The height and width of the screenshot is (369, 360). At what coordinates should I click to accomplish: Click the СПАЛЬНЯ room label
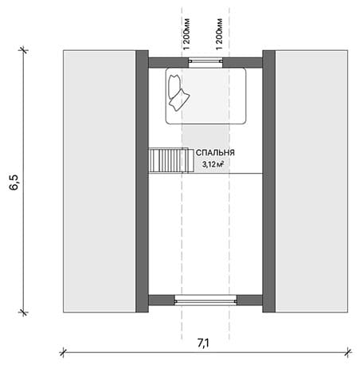click(x=215, y=153)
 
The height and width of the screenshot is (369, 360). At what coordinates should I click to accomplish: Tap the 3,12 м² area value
click(x=213, y=164)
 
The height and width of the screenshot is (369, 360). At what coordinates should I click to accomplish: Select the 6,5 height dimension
click(x=14, y=183)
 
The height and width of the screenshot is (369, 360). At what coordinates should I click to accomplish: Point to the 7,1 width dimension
click(x=203, y=343)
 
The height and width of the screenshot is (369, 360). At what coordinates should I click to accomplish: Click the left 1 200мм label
click(x=186, y=34)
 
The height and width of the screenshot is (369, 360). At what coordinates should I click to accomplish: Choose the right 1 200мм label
click(x=219, y=34)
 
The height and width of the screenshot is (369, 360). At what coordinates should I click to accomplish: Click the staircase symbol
click(x=171, y=160)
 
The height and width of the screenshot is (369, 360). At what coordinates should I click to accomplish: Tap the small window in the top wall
click(x=205, y=61)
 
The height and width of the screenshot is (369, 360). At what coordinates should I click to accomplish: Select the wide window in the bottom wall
click(x=205, y=300)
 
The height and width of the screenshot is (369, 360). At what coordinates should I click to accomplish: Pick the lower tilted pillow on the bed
click(x=179, y=100)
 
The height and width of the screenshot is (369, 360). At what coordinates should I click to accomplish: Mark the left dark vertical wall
click(x=142, y=181)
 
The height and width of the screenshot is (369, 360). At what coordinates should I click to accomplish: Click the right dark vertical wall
click(x=269, y=181)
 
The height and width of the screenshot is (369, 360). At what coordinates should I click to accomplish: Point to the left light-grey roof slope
click(x=100, y=181)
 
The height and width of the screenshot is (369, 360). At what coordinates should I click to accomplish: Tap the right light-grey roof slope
click(x=311, y=181)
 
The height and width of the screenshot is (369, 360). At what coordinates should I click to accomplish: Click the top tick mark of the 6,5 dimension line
click(x=23, y=50)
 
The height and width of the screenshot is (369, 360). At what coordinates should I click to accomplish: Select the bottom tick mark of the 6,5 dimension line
click(x=23, y=312)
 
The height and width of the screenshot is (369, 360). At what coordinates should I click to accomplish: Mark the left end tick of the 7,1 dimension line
click(x=63, y=352)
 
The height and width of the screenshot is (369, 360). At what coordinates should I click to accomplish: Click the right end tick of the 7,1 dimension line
click(x=348, y=352)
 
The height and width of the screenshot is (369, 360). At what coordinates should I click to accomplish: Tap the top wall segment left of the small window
click(x=168, y=63)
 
